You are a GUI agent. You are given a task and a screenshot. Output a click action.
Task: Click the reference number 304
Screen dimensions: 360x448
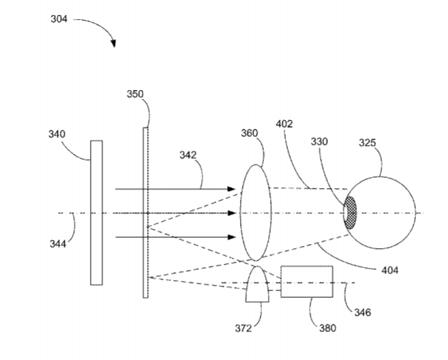59,20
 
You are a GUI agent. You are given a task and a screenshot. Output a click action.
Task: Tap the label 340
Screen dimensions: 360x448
56,134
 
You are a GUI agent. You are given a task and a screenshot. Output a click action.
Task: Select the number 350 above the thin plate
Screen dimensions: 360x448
135,94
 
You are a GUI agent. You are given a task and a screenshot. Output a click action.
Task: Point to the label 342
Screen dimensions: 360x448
188,155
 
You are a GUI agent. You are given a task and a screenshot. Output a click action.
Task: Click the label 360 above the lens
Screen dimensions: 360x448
249,134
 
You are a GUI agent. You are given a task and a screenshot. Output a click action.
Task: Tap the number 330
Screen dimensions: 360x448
319,142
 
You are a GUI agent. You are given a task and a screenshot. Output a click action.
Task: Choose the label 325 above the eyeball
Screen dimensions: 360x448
367,143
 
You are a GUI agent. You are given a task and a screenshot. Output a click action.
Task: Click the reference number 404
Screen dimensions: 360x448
390,271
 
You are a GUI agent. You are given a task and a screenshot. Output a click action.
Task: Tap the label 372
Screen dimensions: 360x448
243,329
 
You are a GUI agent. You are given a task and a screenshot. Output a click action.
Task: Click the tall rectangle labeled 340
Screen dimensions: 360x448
96,212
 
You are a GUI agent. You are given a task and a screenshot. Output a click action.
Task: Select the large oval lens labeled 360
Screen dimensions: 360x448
255,212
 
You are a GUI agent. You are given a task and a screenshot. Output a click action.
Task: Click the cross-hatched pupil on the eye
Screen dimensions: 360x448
351,212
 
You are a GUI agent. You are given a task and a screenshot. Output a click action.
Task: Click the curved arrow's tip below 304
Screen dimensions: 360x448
114,46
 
